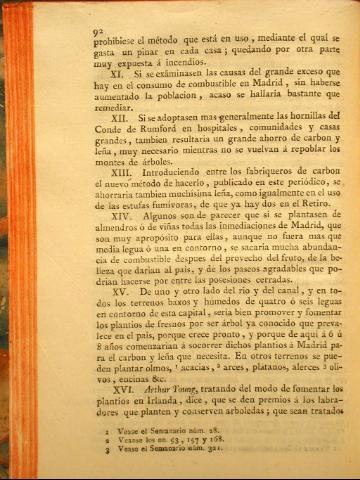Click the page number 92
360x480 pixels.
(98, 32)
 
